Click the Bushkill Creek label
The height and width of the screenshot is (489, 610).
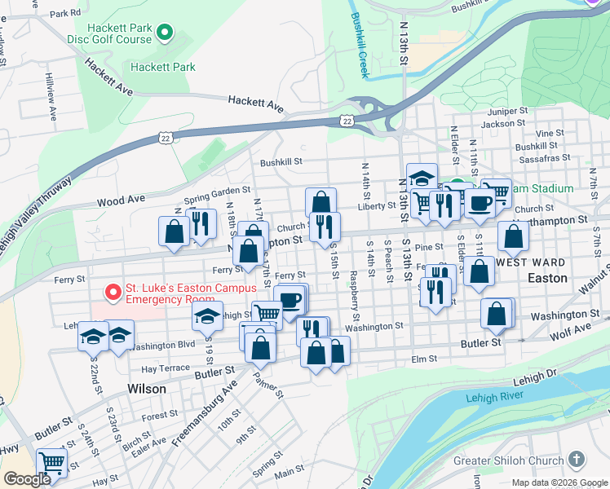pos(360,45)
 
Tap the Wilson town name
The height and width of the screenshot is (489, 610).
pos(147,390)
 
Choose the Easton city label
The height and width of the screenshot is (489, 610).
pos(547,278)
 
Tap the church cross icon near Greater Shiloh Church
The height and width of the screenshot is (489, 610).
pos(577,460)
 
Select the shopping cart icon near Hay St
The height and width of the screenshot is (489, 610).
pos(52,462)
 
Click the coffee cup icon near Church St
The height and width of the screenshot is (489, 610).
pos(480,202)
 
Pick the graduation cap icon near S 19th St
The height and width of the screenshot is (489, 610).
pos(208,315)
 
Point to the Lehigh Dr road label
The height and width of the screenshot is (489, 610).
pos(533,375)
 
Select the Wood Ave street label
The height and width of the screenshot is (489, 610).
pos(120,199)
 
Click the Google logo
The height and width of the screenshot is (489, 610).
pos(27,479)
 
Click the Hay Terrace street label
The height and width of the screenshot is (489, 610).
pos(166,368)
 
